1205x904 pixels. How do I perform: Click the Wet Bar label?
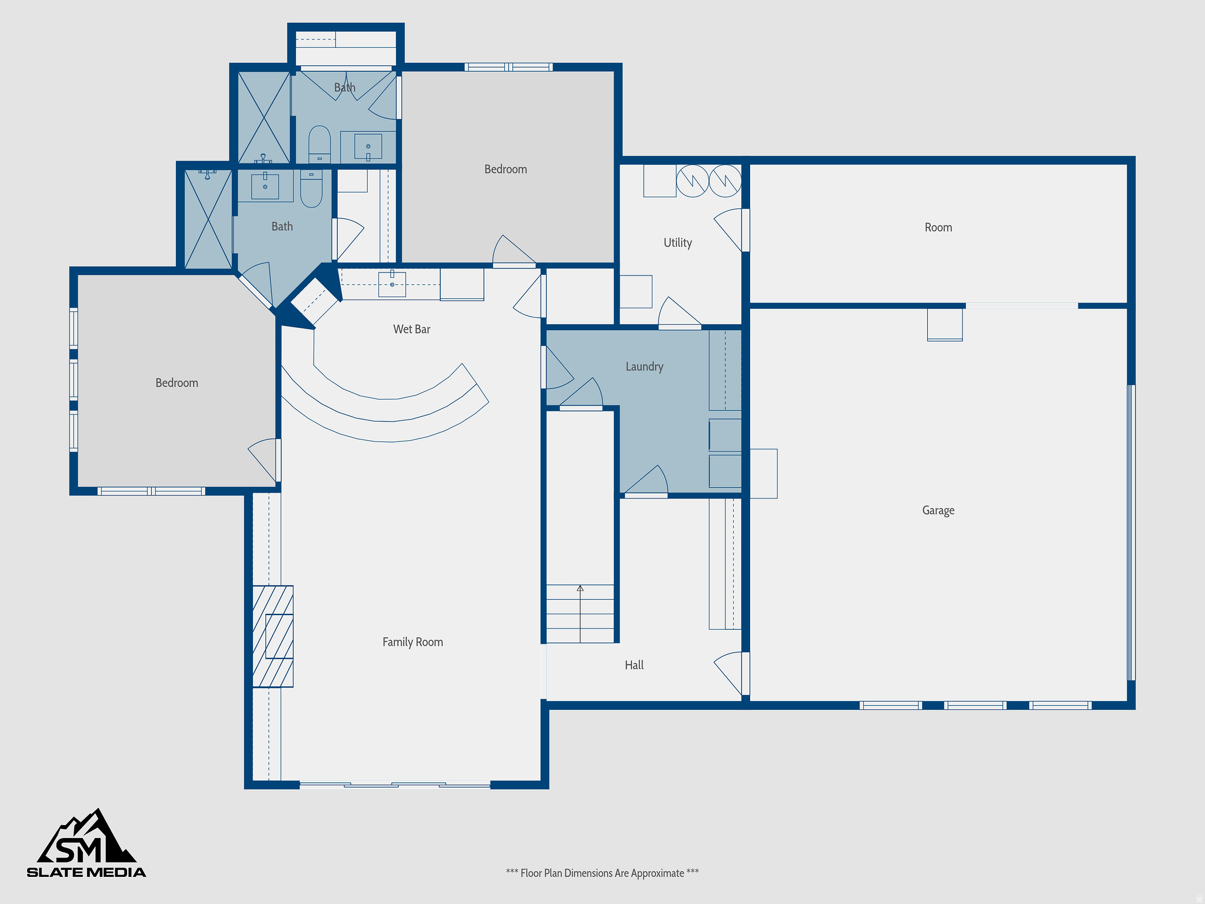pos(411,330)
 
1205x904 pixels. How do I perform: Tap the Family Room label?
pos(412,642)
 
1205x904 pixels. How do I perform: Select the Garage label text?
pos(938,510)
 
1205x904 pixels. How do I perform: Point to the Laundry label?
pos(644,367)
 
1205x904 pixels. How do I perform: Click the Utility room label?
pos(677,242)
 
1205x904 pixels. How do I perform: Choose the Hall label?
pos(634,665)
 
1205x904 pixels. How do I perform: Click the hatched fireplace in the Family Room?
pos(273,636)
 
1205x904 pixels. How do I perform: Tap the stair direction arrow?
pos(580,589)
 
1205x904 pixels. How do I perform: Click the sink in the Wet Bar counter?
pos(392,284)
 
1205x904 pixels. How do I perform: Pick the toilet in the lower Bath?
pos(311,188)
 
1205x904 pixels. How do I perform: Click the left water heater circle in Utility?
pos(692,181)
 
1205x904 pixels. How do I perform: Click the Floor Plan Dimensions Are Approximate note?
pos(602,873)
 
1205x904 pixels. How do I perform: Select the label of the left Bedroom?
pos(177,383)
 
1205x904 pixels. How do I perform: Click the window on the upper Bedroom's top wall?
pos(508,67)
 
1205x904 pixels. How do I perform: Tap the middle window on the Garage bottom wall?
pos(975,705)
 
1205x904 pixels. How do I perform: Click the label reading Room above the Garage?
pos(938,227)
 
